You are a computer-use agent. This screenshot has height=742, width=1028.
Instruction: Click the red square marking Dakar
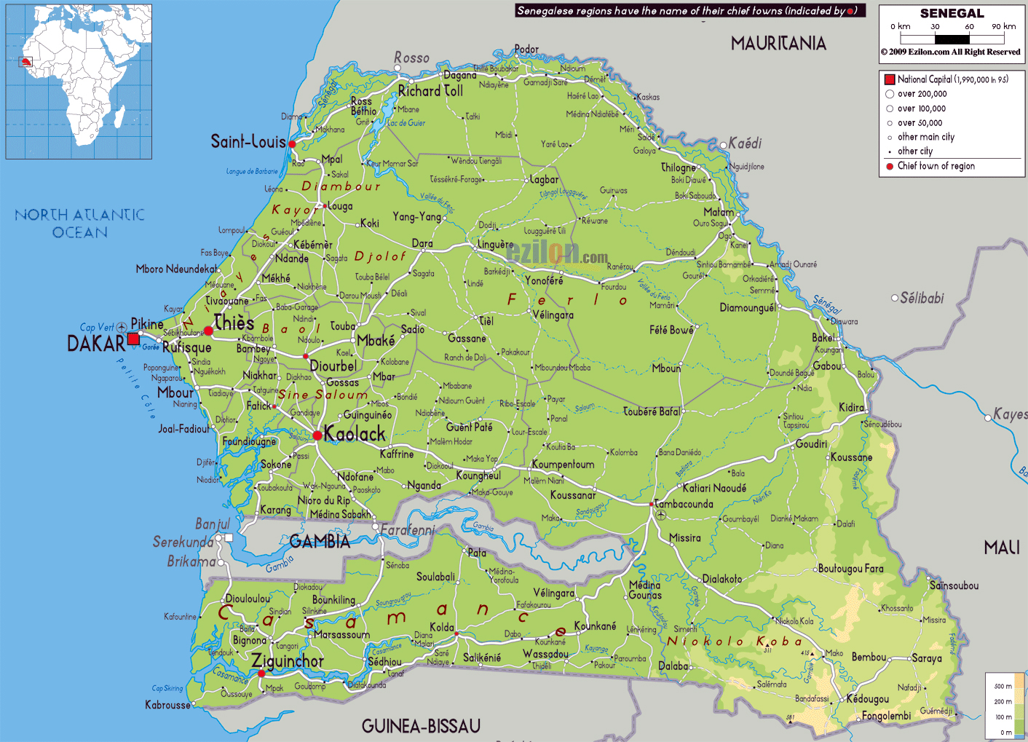click(x=133, y=339)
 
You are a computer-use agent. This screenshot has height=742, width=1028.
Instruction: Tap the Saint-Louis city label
click(x=248, y=141)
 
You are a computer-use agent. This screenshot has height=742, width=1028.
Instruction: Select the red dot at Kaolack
click(x=317, y=435)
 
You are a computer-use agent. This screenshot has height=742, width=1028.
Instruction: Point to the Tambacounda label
click(x=684, y=504)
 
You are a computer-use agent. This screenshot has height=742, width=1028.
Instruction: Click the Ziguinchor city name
click(x=288, y=661)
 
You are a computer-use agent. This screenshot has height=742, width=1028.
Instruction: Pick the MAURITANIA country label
click(x=778, y=44)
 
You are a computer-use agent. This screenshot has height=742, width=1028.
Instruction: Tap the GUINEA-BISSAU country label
click(x=421, y=726)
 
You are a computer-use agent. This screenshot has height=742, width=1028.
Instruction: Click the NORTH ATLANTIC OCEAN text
click(x=80, y=224)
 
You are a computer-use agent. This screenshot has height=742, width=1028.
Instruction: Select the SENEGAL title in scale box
click(x=952, y=14)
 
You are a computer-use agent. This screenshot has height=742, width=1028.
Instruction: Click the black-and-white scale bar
click(x=952, y=39)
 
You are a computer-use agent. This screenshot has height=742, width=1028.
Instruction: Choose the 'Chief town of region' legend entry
click(x=936, y=166)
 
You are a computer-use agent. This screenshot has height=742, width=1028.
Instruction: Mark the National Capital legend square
click(x=889, y=79)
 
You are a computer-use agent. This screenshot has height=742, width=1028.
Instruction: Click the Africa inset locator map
click(x=79, y=82)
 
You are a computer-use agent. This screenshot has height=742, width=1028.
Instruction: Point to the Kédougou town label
click(x=867, y=699)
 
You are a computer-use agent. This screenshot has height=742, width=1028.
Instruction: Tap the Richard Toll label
click(x=430, y=91)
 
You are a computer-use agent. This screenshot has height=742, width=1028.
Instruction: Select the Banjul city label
click(x=212, y=524)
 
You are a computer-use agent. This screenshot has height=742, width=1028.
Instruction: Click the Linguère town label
click(x=495, y=245)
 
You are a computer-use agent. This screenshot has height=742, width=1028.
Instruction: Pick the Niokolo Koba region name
click(x=735, y=642)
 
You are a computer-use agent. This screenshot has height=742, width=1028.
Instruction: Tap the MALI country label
click(x=1002, y=548)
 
